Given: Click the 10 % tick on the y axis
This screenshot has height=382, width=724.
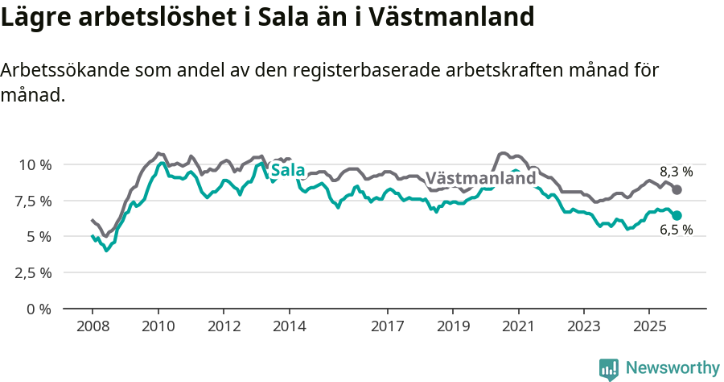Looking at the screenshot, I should [34, 164].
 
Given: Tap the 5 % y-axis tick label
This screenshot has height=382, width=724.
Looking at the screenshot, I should [38, 237].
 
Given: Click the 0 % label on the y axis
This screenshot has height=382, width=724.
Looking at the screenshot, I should [38, 309].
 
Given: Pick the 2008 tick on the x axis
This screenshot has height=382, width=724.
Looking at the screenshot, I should [93, 327].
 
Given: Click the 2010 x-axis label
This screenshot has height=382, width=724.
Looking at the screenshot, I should [158, 327].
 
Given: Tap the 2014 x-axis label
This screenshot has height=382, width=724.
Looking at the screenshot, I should [290, 327].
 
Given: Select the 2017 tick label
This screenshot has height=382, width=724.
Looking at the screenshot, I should [388, 327].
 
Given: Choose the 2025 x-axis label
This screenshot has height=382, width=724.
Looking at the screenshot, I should [649, 327].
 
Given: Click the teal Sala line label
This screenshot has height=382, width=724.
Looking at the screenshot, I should [287, 170].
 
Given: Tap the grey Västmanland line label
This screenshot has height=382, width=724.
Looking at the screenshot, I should [480, 178].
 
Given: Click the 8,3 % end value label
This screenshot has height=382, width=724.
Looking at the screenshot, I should [676, 171].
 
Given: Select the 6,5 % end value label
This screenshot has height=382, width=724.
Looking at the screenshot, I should [676, 230].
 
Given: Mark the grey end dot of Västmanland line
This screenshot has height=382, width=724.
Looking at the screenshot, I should [677, 189].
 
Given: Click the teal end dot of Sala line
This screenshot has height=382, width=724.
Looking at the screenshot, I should [677, 215].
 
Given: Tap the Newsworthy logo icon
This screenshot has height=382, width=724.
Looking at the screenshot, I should [609, 369].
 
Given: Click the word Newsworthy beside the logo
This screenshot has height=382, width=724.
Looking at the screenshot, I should [673, 368].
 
